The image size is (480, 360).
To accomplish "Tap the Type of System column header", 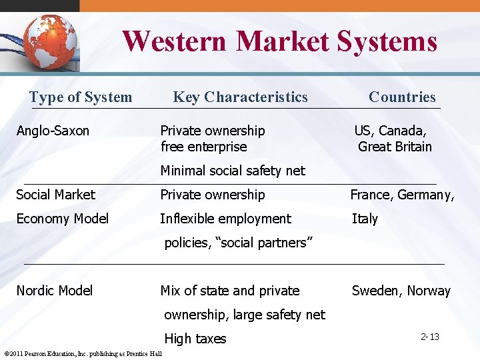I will click(81, 97).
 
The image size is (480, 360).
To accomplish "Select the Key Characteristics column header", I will click(240, 97).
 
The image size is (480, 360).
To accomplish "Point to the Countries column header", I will click(402, 97).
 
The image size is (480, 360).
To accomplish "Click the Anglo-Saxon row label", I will click(53, 131).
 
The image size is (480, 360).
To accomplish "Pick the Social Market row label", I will click(56, 195).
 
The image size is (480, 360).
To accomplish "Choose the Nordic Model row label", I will click(55, 291).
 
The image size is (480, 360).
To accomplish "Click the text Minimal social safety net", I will click(233, 171).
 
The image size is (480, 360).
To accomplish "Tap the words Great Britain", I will click(395, 147).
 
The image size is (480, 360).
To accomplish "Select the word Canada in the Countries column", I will click(403, 131).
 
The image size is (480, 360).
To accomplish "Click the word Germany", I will click(426, 195).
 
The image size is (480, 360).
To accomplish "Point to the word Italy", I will click(365, 219).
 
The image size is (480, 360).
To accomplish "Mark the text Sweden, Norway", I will click(401, 291).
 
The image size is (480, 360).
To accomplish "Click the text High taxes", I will click(195, 339).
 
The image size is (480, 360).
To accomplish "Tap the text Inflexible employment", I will click(225, 219).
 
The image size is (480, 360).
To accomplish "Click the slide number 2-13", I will click(430, 337).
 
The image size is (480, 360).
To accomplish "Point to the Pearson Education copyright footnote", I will click(83, 353).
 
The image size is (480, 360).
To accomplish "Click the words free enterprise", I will click(203, 147).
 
